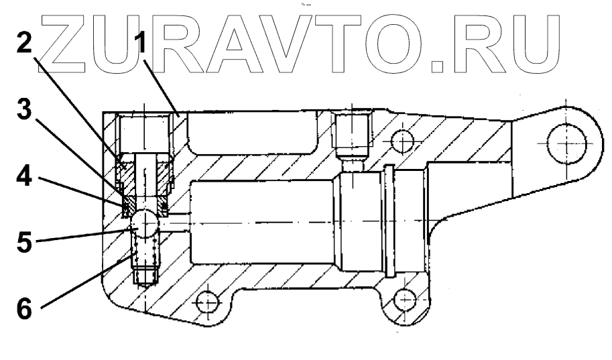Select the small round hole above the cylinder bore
pos(402,141)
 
